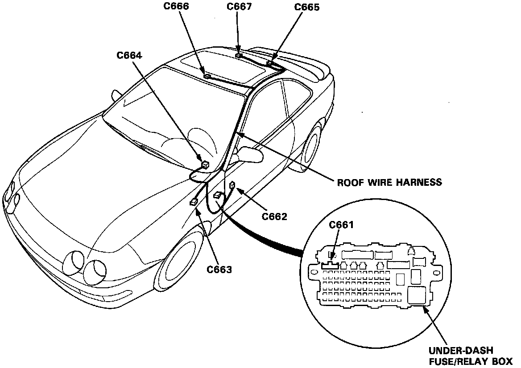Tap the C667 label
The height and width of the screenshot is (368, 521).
pos(239,6)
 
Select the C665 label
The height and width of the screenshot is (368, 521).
pos(307,8)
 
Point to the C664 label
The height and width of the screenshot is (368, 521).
pos(129,55)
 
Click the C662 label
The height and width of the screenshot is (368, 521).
pos(274,217)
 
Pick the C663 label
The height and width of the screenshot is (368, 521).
pos(219,270)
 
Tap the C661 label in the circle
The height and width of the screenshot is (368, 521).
pos(341,225)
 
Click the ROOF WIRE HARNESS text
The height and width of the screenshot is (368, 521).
pos(389,182)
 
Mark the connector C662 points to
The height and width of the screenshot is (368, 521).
pos(232,185)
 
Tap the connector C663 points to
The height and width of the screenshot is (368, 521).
pos(194,202)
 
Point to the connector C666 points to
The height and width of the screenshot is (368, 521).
pos(207,76)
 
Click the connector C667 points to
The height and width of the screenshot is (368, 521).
pos(239,56)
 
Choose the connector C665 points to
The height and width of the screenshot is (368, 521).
pos(270,63)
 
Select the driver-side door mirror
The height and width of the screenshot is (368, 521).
pos(250,154)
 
